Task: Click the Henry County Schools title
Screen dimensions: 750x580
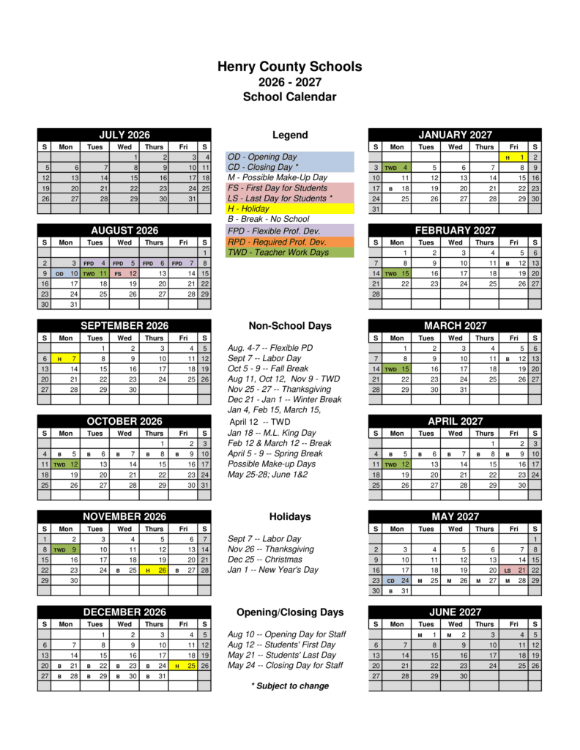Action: click(289, 67)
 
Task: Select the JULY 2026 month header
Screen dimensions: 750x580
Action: click(124, 135)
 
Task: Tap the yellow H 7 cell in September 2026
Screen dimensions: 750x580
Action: click(66, 359)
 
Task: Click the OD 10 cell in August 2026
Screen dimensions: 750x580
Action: click(66, 273)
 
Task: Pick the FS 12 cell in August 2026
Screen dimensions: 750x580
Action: click(124, 273)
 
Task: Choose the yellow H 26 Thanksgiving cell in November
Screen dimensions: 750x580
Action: click(154, 569)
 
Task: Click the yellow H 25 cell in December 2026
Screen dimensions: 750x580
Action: click(183, 666)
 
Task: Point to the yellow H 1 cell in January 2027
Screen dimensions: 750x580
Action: click(514, 157)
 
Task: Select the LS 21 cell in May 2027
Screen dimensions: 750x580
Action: click(514, 569)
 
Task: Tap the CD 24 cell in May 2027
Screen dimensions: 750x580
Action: click(397, 580)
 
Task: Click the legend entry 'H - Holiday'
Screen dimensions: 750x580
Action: click(290, 209)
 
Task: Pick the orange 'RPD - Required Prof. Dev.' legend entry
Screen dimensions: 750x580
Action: click(290, 242)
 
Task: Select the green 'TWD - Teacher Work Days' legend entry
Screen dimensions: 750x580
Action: click(290, 252)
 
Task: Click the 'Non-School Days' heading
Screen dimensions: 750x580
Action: click(289, 326)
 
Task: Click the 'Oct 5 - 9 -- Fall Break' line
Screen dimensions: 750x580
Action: click(268, 368)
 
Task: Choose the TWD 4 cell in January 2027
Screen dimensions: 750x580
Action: click(397, 168)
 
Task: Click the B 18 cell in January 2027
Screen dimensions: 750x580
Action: click(397, 188)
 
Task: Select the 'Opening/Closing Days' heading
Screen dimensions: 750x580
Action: click(289, 612)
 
